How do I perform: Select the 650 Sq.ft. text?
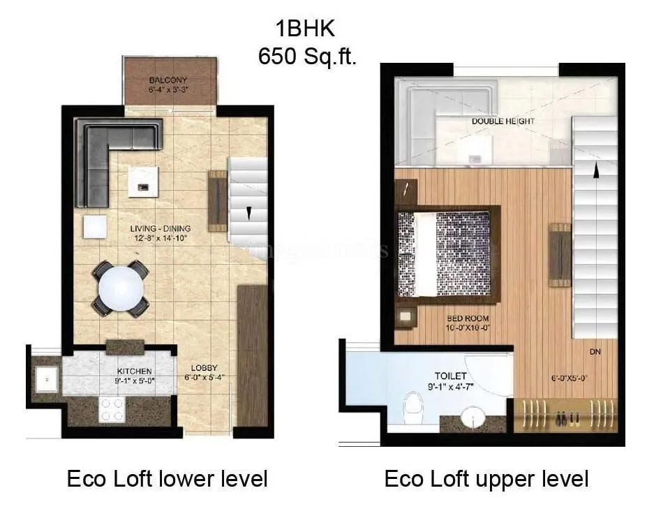(307, 56)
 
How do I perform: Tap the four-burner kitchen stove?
(112, 409)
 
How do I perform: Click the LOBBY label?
(204, 368)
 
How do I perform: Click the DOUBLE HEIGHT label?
(503, 121)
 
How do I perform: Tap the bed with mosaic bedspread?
(447, 255)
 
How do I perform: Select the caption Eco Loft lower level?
(167, 479)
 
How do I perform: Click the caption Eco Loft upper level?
(486, 479)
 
